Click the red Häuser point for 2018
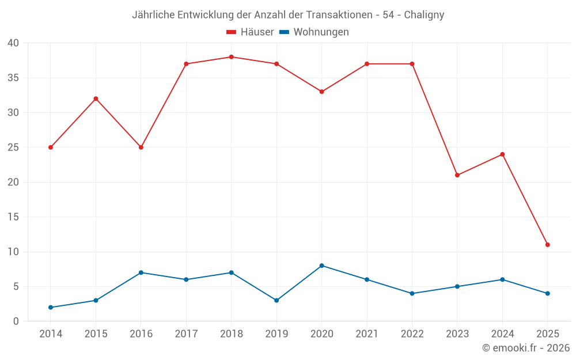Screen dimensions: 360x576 coord(231,57)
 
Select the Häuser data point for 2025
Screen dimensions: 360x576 coord(547,245)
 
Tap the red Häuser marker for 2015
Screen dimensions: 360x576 coord(96,98)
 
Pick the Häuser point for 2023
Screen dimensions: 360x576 coord(457,175)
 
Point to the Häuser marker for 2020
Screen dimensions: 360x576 coord(321,92)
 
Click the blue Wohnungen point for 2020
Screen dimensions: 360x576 coord(321,266)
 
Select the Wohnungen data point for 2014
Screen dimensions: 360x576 coord(51,308)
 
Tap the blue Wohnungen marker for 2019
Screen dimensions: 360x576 coord(276,301)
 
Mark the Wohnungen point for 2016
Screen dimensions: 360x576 coord(141,272)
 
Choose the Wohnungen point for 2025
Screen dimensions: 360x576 coord(547,294)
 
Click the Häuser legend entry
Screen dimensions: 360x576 coord(250,32)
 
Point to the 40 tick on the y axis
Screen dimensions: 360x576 coord(13,43)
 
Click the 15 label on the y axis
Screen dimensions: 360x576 coord(13,217)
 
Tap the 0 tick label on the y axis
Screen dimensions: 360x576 coord(16,321)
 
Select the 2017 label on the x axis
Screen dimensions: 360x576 coord(186,334)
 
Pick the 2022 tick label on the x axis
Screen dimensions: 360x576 coord(412,334)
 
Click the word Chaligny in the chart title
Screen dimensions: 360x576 coord(424,15)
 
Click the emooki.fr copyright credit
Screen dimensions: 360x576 coord(526,348)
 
